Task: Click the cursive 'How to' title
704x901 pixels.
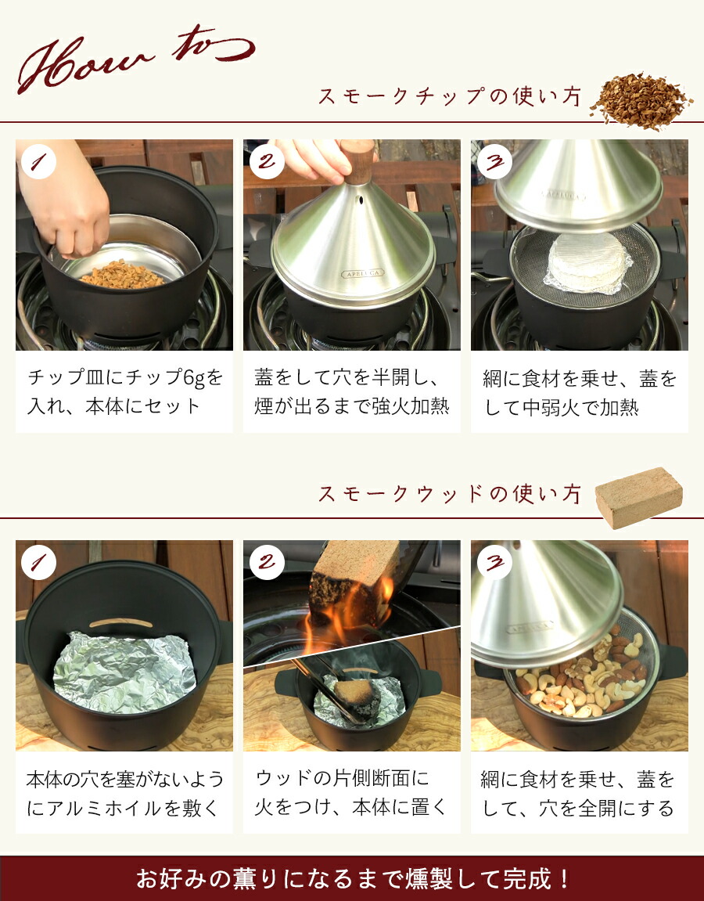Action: pyautogui.click(x=135, y=60)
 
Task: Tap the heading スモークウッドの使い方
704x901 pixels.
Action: pyautogui.click(x=450, y=494)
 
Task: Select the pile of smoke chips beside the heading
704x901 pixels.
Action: pyautogui.click(x=641, y=101)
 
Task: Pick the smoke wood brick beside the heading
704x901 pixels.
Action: pyautogui.click(x=639, y=497)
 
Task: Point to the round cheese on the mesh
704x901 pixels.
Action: pyautogui.click(x=587, y=261)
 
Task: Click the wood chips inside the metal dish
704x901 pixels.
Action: pyautogui.click(x=122, y=274)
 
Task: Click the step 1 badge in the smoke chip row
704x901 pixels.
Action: pyautogui.click(x=38, y=161)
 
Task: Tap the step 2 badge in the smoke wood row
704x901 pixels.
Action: pyautogui.click(x=267, y=562)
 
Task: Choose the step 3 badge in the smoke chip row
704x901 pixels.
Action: pyautogui.click(x=494, y=161)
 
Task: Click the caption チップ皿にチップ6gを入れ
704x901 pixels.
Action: pyautogui.click(x=124, y=391)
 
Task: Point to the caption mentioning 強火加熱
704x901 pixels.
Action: pyautogui.click(x=351, y=391)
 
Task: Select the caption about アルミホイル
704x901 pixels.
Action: pyautogui.click(x=124, y=793)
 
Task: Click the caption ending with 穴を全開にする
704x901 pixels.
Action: pyautogui.click(x=577, y=793)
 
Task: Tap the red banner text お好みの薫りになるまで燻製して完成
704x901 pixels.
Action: pyautogui.click(x=352, y=878)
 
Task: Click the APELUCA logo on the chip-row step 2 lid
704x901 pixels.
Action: pyautogui.click(x=363, y=273)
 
